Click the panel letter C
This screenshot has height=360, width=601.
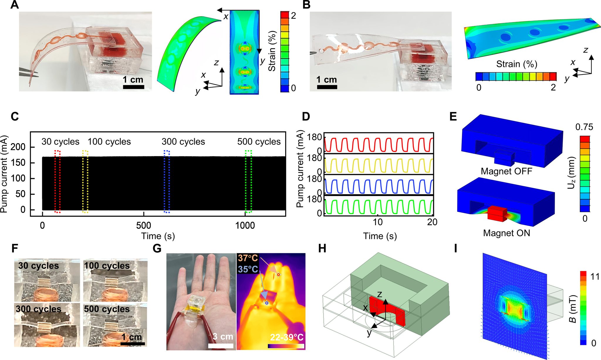tap(15, 116)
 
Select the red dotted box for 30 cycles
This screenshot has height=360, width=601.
tap(58, 181)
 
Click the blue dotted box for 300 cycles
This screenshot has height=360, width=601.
tap(166, 181)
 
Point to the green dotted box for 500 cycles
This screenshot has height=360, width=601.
tap(248, 181)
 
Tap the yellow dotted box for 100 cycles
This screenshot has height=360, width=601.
tap(85, 181)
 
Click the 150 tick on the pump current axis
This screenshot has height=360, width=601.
tap(18, 163)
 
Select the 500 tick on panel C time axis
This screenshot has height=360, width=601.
tap(144, 225)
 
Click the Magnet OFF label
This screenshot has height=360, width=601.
tap(506, 171)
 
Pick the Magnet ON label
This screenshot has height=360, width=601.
tap(507, 233)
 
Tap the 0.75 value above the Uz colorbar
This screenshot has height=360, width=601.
tap(584, 127)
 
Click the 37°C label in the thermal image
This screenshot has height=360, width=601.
tap(248, 258)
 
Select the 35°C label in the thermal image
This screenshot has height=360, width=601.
tap(248, 269)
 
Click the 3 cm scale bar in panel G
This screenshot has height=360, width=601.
tap(221, 346)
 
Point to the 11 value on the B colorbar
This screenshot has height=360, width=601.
tap(595, 276)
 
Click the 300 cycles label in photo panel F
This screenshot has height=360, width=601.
tap(39, 309)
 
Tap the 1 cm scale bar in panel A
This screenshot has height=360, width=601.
tap(134, 87)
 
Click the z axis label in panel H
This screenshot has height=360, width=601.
tap(379, 294)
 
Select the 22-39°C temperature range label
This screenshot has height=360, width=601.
tap(286, 337)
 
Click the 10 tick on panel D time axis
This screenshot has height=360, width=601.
tap(377, 222)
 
